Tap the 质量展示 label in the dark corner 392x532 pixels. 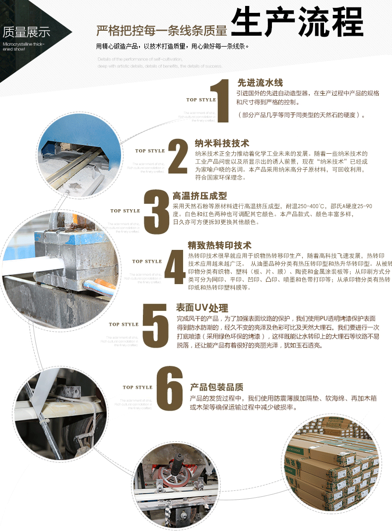[x=26, y=34]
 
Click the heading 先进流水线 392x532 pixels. [x=260, y=83]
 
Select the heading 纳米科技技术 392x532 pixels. [x=222, y=143]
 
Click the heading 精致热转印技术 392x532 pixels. [x=220, y=245]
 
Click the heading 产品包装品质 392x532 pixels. [x=217, y=387]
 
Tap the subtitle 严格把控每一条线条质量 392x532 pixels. [x=161, y=31]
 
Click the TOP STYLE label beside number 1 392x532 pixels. [x=201, y=100]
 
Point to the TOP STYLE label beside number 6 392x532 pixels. [x=137, y=387]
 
